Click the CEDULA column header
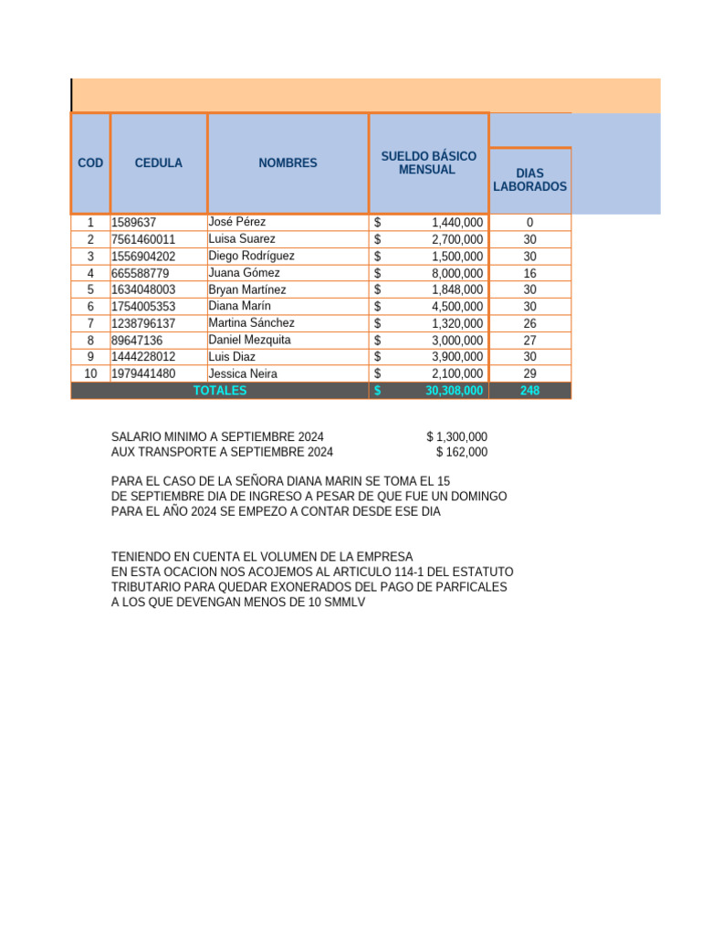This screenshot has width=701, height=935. coord(158,163)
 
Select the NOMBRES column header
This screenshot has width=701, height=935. coord(288,163)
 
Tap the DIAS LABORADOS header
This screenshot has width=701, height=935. coord(529,180)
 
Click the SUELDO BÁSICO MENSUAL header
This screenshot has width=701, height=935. coord(427,163)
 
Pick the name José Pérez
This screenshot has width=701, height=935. coord(237,222)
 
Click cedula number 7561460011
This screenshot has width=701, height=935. coord(144,239)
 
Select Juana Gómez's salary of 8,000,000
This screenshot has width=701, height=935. coord(456,273)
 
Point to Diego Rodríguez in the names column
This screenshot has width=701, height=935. coord(251,256)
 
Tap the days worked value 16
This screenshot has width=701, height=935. coord(529,273)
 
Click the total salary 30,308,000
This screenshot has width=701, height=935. coord(454,391)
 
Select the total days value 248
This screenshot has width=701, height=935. coord(529,391)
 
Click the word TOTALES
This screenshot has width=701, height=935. coord(220,391)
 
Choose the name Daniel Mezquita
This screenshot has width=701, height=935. coord(249,340)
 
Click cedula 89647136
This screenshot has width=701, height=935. coord(137,340)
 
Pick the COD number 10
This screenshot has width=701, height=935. coord(90,373)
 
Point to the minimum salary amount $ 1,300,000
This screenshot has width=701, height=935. coord(456,437)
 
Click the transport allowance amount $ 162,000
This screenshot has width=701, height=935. coord(461,452)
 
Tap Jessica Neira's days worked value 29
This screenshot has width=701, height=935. coord(529,373)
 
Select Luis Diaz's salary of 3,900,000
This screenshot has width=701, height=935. coord(456,357)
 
